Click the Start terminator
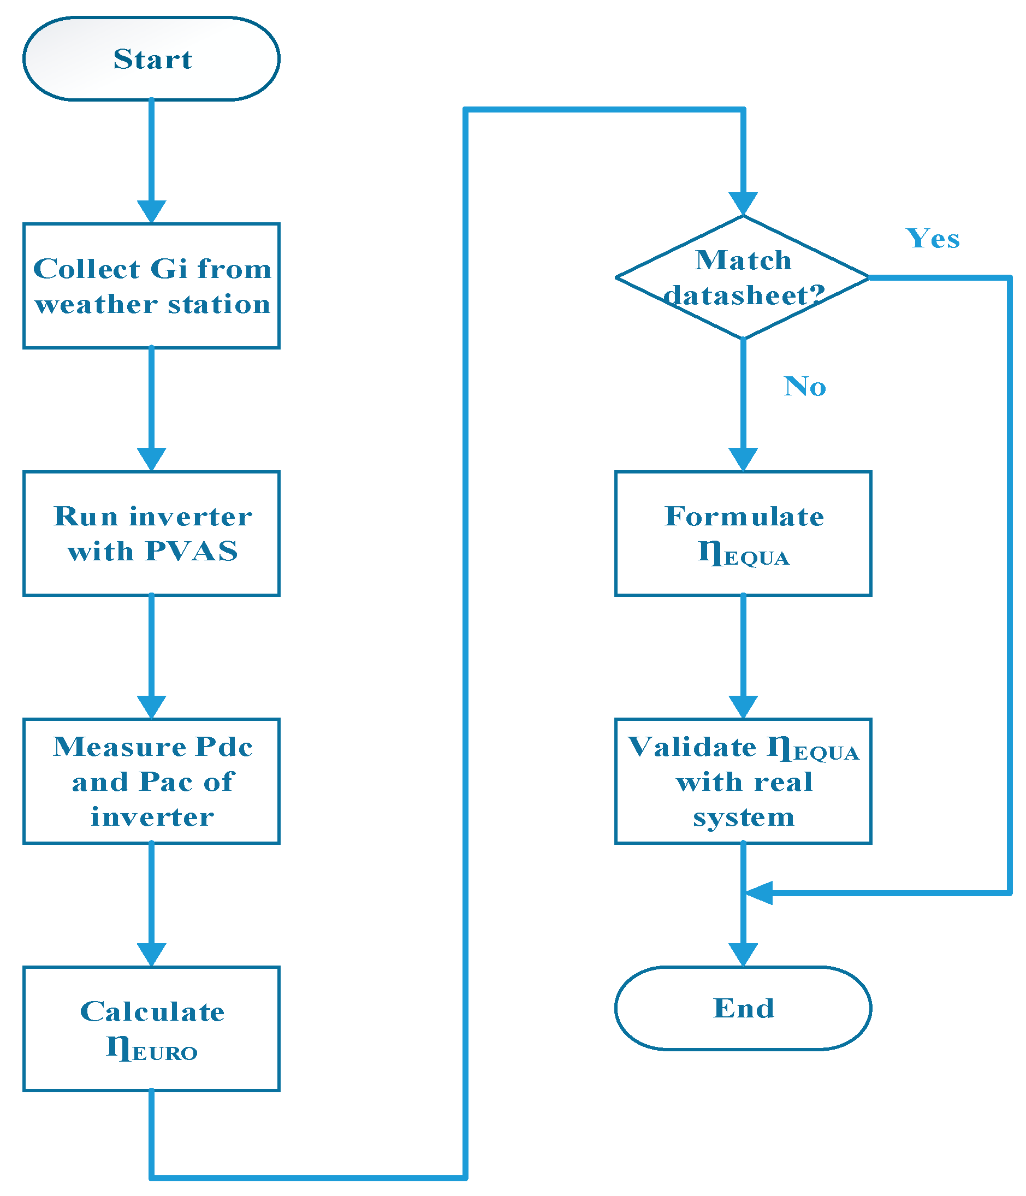click(x=151, y=58)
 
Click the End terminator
click(x=743, y=1008)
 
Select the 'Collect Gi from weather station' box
click(x=151, y=286)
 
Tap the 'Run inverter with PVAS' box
click(x=151, y=533)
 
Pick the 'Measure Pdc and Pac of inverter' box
click(x=151, y=780)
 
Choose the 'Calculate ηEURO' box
click(x=151, y=1028)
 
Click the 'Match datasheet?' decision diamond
click(x=743, y=277)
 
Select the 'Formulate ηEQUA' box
click(x=743, y=533)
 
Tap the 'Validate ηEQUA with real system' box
click(x=743, y=780)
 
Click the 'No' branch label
click(x=804, y=386)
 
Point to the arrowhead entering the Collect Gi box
click(x=151, y=212)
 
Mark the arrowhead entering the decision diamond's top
click(x=743, y=204)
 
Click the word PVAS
click(x=191, y=550)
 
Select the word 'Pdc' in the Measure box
click(x=223, y=747)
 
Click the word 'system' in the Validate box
click(x=743, y=817)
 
